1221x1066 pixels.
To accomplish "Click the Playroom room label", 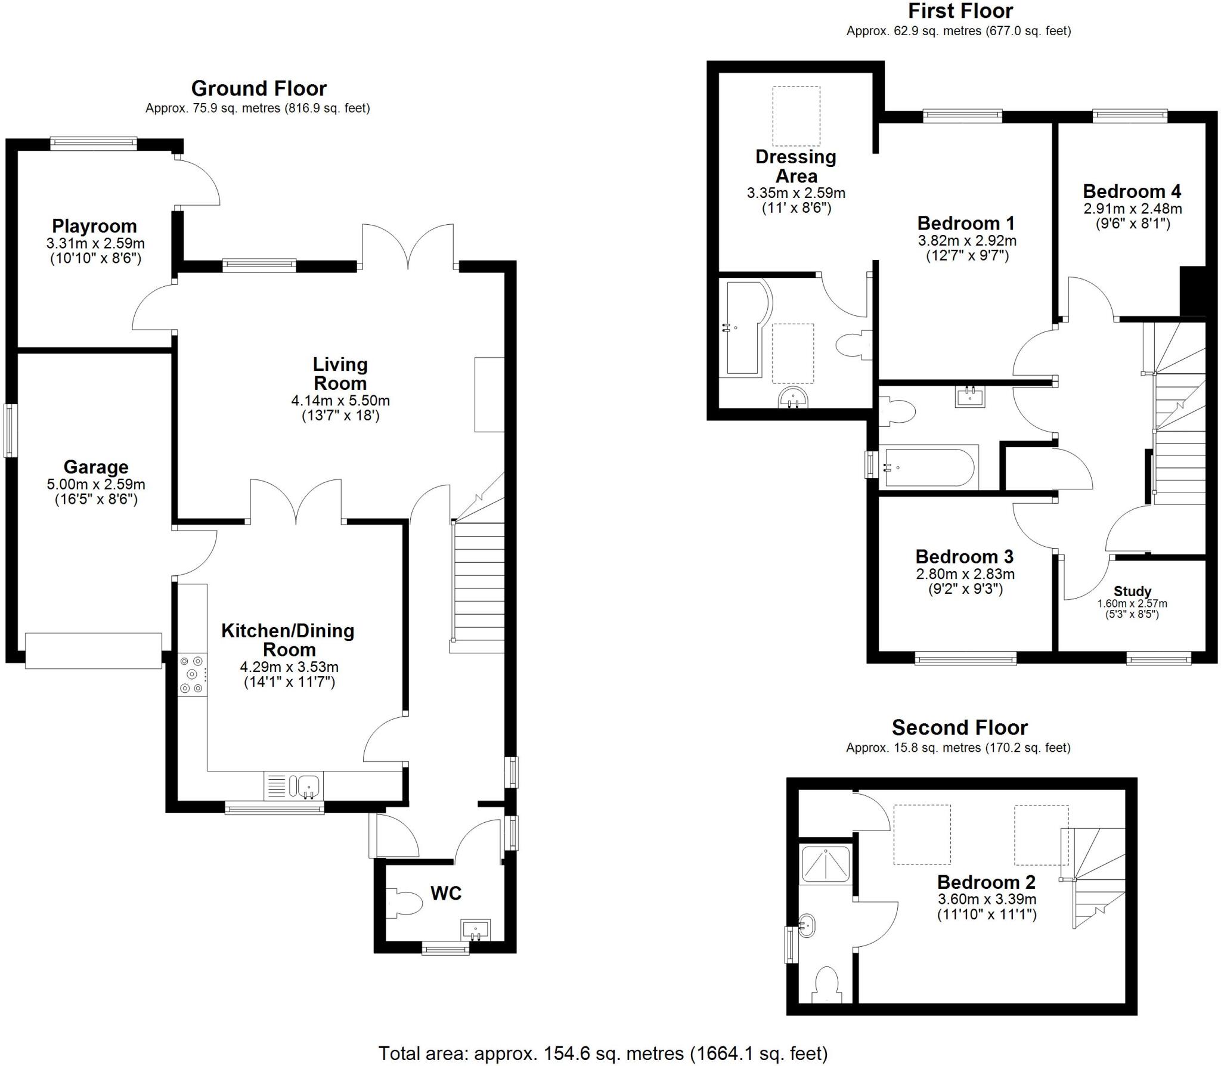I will click(x=94, y=226).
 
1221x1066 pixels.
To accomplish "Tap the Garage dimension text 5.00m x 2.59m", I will click(x=95, y=485).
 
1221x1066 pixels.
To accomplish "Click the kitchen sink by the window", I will click(x=308, y=785).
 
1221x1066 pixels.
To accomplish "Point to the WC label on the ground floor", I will click(x=445, y=893).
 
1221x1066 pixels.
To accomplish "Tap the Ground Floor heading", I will click(x=259, y=89).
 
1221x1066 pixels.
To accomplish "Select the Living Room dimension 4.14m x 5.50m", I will click(x=340, y=401).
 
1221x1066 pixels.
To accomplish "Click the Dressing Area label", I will click(x=796, y=166).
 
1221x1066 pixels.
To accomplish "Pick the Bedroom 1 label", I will click(x=966, y=224).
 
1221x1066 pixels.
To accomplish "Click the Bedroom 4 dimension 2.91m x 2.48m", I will click(x=1132, y=209).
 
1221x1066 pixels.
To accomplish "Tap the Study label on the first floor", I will click(x=1132, y=591).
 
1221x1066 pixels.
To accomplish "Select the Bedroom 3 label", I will click(x=964, y=557).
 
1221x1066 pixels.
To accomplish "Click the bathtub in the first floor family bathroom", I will click(x=929, y=467).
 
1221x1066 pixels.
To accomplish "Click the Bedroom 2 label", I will click(x=986, y=882).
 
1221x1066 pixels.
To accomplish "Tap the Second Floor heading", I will click(x=959, y=727).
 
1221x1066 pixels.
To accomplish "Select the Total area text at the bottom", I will click(x=603, y=1053).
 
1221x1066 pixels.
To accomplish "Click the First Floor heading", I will click(x=960, y=11).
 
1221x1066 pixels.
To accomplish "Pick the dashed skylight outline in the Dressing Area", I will click(x=796, y=116).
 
